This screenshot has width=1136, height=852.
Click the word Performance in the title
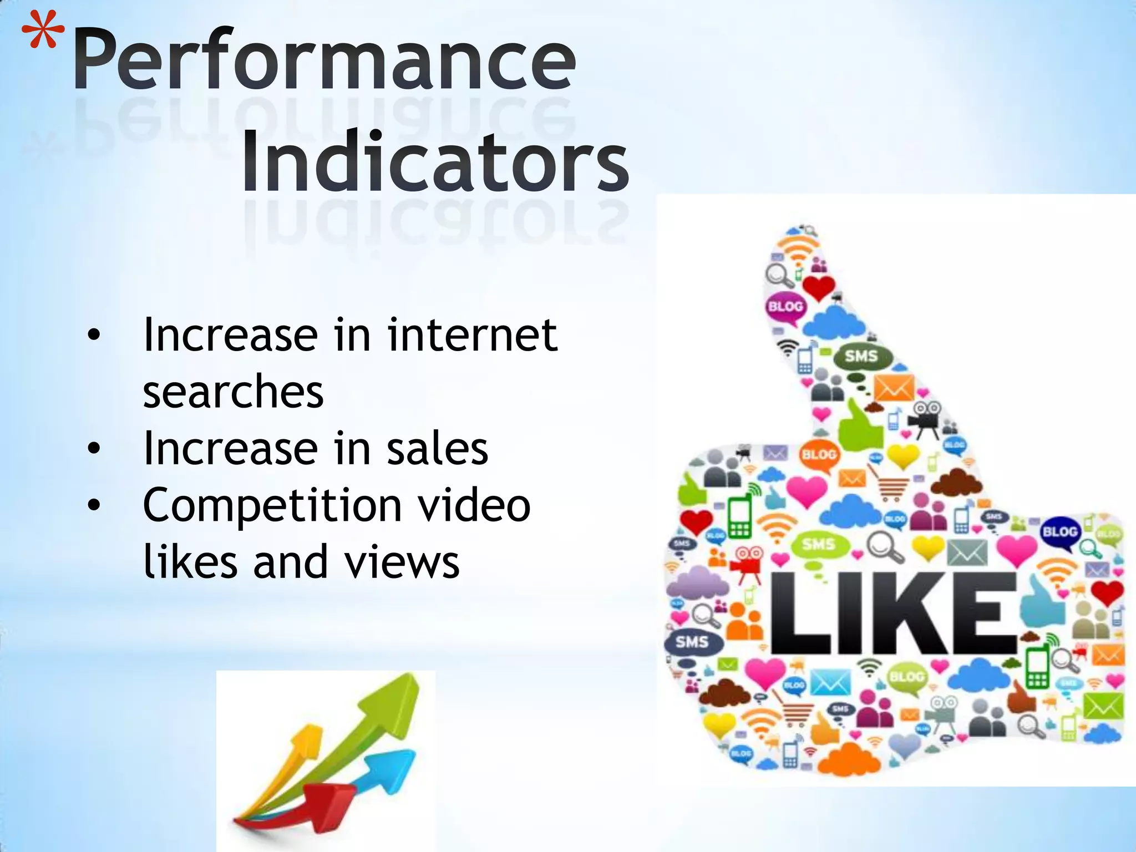[324, 61]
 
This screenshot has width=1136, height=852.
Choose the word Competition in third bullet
[272, 506]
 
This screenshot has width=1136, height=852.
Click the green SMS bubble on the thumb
[861, 356]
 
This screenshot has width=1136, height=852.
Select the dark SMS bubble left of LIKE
[692, 642]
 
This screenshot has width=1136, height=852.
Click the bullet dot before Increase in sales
[94, 448]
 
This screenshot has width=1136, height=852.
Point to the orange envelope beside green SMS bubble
[894, 388]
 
